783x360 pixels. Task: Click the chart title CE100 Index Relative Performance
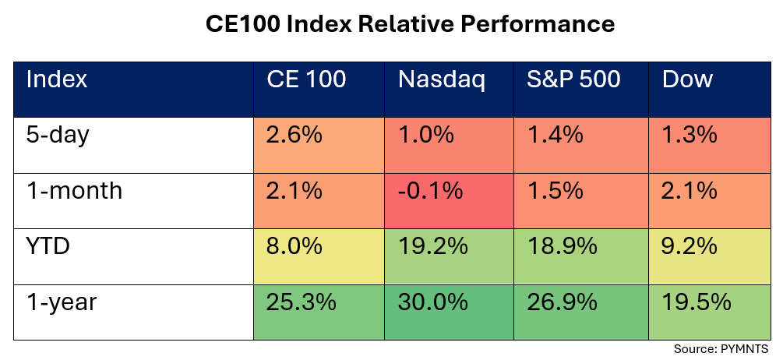pos(410,24)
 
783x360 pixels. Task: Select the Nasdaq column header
pos(441,79)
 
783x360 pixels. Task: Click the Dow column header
pos(687,79)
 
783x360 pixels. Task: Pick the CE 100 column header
pos(306,79)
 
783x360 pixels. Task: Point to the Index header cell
pos(57,79)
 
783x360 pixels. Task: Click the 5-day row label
pos(58,135)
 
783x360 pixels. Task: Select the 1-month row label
pos(74,190)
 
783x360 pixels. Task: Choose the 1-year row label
pos(62,302)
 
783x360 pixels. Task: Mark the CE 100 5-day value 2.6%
pos(295,136)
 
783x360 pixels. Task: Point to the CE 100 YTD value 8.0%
pos(295,247)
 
